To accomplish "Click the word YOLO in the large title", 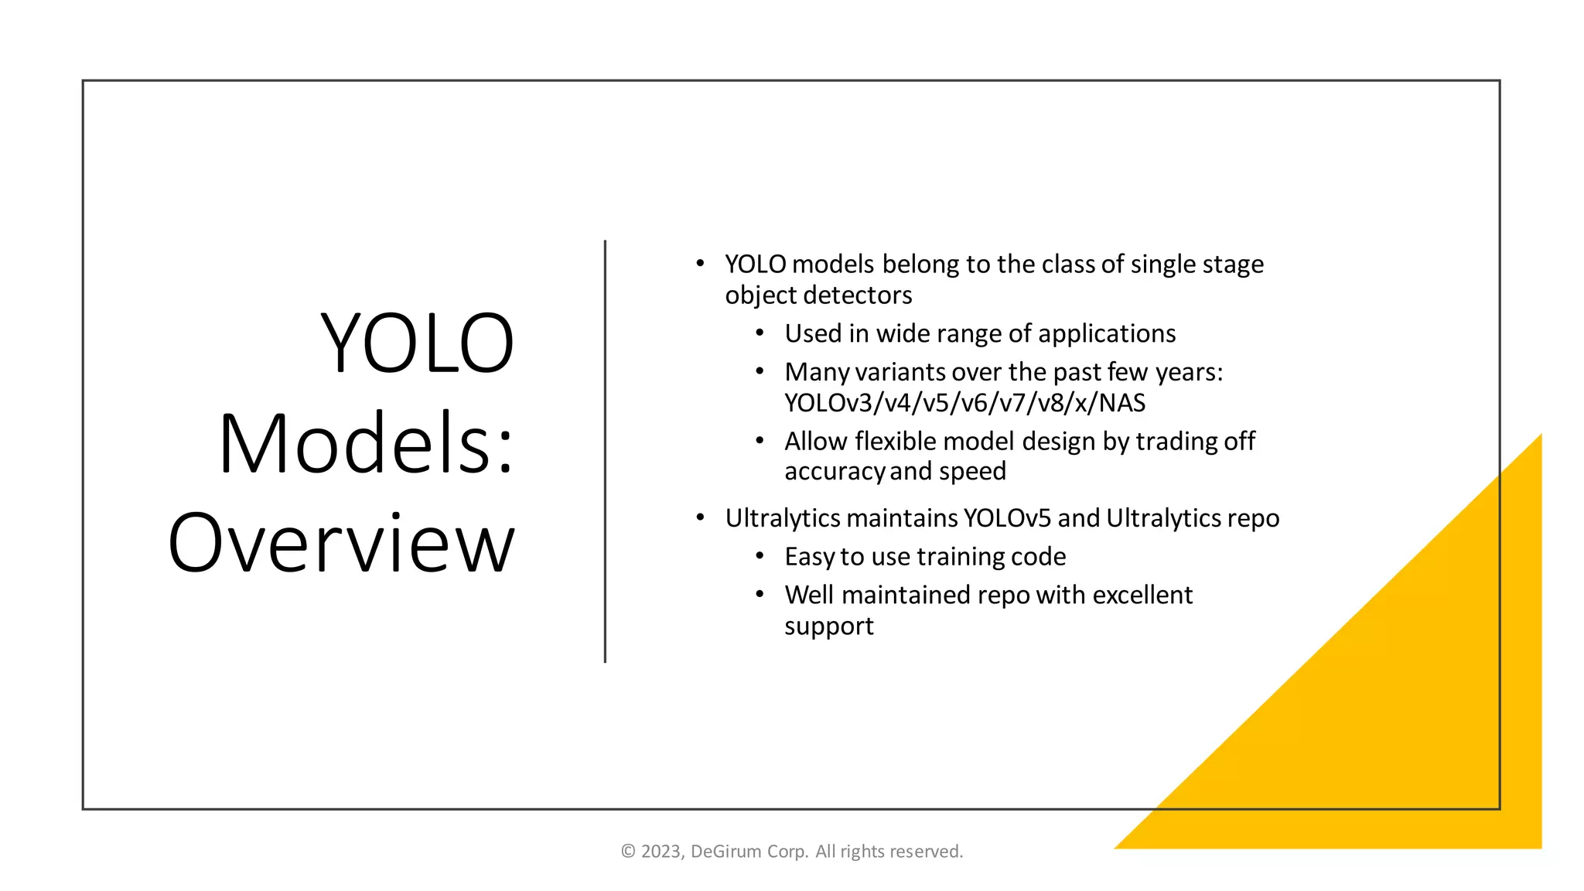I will pos(418,343).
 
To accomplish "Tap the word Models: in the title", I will pos(366,444).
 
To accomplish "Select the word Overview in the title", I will pos(341,544).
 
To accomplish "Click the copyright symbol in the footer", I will pos(628,852).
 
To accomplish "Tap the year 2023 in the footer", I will pos(661,852).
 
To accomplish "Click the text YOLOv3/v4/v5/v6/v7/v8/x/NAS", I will pos(964,403).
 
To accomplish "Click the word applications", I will pos(1107,333).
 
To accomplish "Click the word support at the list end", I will pos(828,626).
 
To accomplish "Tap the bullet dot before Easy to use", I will pos(760,556).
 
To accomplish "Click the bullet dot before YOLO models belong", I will pos(700,264).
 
